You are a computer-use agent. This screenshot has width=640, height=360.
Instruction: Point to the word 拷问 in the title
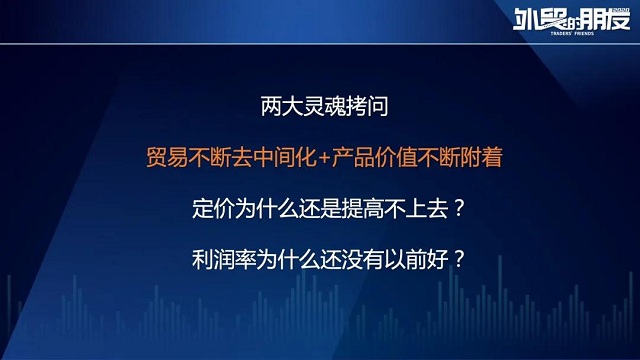click(x=350, y=103)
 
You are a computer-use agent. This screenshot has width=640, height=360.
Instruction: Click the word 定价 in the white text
click(x=209, y=211)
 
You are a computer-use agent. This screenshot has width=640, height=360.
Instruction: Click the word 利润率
click(x=220, y=264)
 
